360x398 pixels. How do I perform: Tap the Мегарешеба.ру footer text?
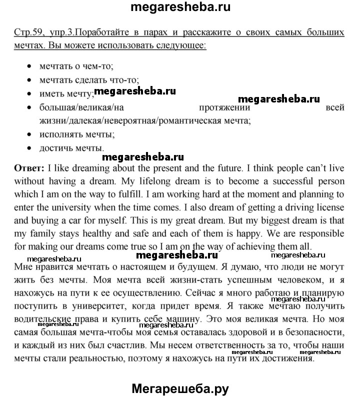point(181,388)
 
